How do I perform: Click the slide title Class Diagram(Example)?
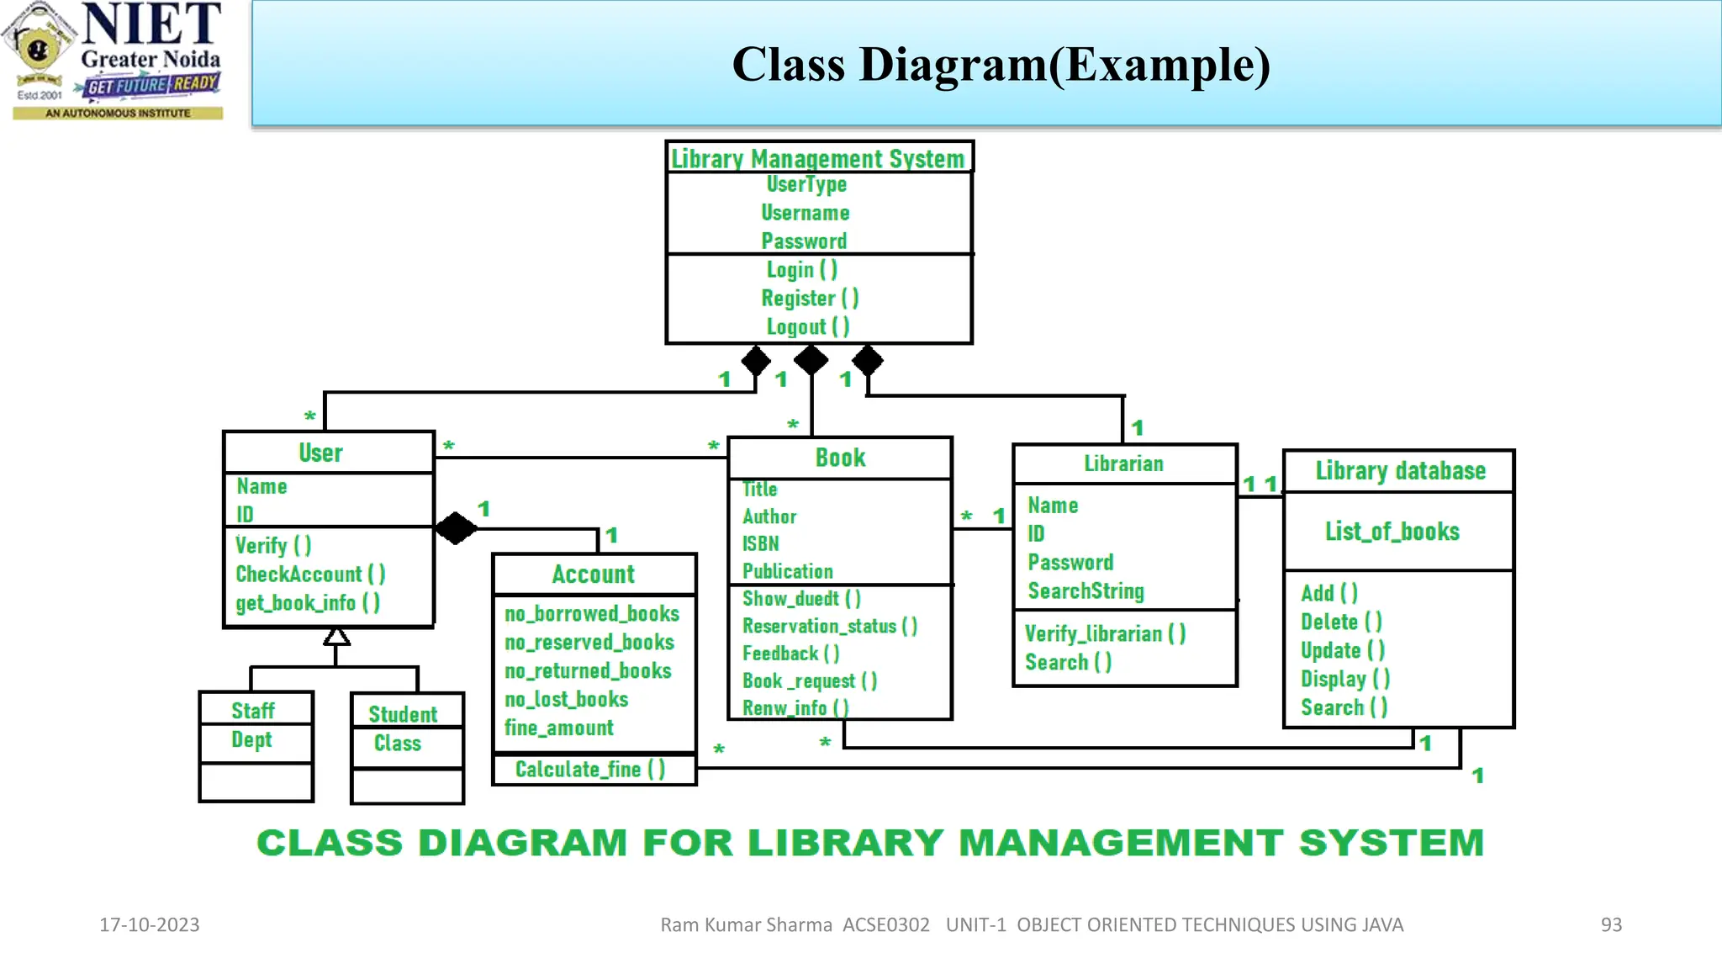pos(1001,65)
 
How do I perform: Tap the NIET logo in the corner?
pos(118,61)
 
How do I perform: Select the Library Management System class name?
pos(817,158)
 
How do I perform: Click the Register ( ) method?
pos(809,299)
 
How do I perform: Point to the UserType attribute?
pos(806,184)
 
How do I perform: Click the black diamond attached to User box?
pos(456,528)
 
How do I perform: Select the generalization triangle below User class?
pos(336,636)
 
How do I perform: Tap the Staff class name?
pos(253,711)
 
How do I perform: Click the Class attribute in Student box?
pos(397,744)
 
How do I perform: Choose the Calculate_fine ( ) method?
pos(589,770)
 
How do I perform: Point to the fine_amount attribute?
pos(558,728)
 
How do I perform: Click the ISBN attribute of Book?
pos(760,544)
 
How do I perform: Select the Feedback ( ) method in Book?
pos(790,654)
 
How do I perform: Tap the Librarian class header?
pos(1123,464)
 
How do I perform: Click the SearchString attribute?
pos(1085,591)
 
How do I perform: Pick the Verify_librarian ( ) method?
pos(1105,634)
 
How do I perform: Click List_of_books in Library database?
pos(1392,532)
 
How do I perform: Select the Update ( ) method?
pos(1342,651)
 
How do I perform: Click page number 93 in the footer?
pos(1610,925)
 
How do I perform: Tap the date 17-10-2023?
pos(150,925)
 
